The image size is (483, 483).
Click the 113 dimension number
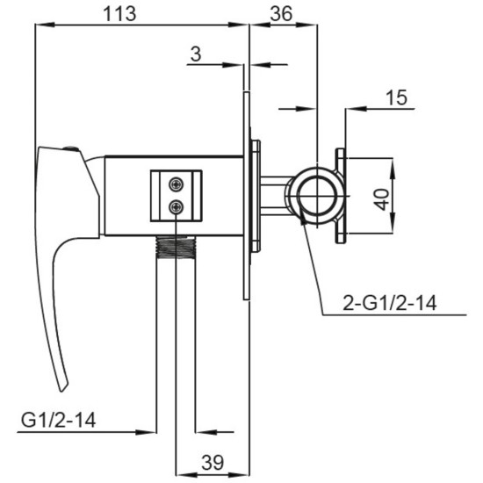pyautogui.click(x=119, y=14)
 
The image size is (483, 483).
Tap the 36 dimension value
pyautogui.click(x=281, y=14)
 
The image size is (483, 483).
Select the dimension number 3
pyautogui.click(x=196, y=54)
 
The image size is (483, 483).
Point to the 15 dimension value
pyautogui.click(x=396, y=97)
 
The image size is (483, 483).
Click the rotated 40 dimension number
pyautogui.click(x=381, y=199)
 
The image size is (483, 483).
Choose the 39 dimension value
pyautogui.click(x=213, y=462)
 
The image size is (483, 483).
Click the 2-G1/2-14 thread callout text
pyautogui.click(x=390, y=303)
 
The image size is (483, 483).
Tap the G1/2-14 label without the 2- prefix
pyautogui.click(x=58, y=420)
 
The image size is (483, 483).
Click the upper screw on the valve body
pyautogui.click(x=177, y=184)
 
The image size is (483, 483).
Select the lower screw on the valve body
pyautogui.click(x=177, y=206)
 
